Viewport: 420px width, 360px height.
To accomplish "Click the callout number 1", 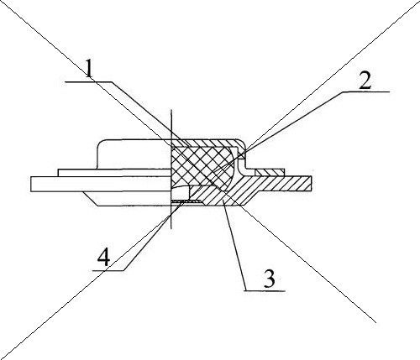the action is tap(89, 68).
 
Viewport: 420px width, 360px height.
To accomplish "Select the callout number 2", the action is tap(365, 81).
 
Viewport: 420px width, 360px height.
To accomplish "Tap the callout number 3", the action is tap(270, 279).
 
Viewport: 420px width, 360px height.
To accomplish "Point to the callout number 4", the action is tap(103, 258).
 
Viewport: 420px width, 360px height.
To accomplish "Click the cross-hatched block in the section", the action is tap(202, 166).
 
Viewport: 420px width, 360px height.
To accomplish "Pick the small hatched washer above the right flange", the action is tap(270, 172).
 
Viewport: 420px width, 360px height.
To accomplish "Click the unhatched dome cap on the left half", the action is tap(134, 154).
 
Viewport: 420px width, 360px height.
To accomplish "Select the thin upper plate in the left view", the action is tap(114, 173).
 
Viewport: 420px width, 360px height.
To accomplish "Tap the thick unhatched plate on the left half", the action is tap(101, 184).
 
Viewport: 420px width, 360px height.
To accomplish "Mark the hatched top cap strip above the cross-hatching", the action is tap(207, 143).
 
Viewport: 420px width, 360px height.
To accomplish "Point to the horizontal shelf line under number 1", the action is tap(88, 81).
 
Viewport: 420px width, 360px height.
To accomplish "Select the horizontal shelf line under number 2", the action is tap(366, 91).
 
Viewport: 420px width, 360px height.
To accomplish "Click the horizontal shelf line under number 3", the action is tap(265, 291).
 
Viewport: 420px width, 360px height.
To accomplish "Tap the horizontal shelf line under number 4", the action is tap(108, 270).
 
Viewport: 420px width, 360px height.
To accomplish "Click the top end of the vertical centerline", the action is tap(171, 109).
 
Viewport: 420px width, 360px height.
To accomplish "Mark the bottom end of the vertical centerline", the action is tap(171, 228).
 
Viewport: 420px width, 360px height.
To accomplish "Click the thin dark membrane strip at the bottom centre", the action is tap(185, 201).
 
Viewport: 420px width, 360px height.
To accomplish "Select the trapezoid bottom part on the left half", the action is tap(128, 199).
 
